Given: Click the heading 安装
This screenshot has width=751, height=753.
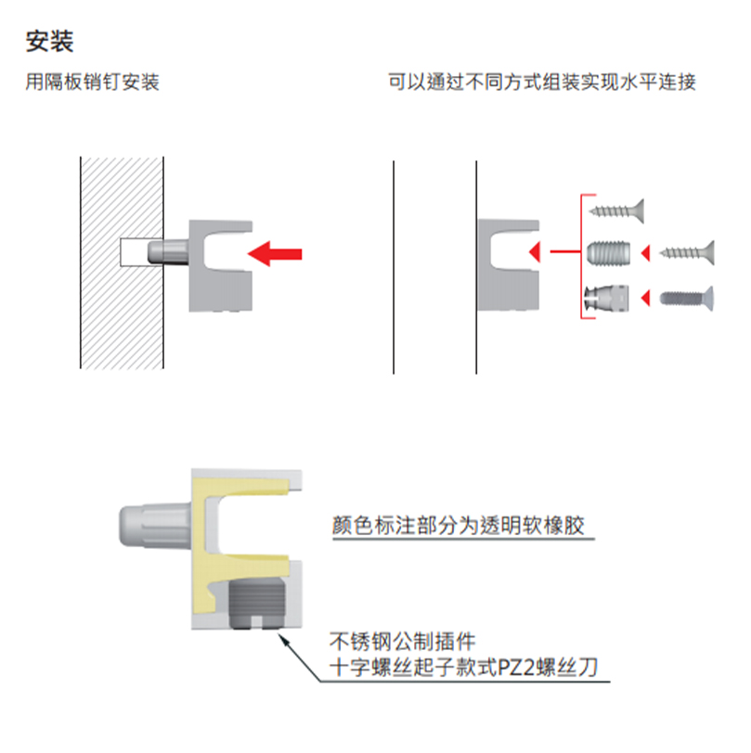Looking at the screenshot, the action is click(50, 42).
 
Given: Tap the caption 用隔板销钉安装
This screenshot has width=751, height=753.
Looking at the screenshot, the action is click(93, 83).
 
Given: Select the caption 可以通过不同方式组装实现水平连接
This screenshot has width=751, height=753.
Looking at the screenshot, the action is click(542, 83).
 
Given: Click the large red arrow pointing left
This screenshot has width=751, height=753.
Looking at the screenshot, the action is click(276, 252).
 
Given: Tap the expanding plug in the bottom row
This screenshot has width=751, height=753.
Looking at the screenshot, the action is click(608, 298).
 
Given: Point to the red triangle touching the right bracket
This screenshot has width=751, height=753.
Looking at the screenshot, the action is click(532, 251).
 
